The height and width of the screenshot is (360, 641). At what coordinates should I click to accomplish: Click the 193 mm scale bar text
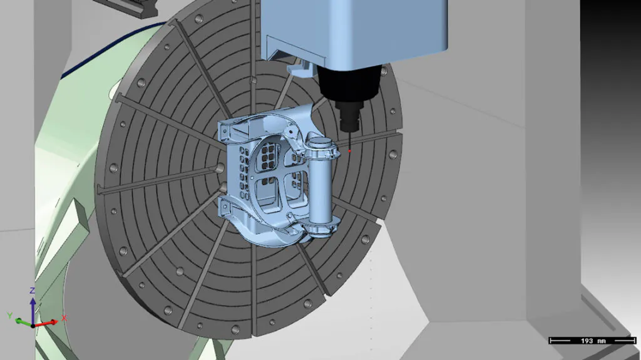(592, 341)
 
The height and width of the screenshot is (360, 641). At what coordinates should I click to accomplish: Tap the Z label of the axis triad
(33, 291)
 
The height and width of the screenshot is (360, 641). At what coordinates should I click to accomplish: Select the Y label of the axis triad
(10, 316)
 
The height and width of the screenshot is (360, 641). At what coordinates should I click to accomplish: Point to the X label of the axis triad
(64, 318)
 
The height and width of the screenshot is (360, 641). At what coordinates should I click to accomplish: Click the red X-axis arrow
(46, 324)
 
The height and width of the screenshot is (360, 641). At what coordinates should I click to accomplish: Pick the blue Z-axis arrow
(33, 311)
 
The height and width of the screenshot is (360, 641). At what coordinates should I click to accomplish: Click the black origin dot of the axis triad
(33, 326)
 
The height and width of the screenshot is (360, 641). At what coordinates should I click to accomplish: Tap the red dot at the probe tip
(349, 152)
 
